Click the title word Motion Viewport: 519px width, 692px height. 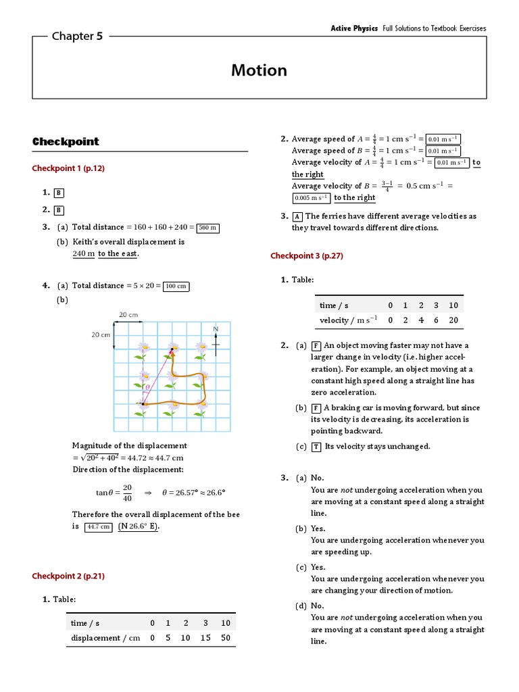(x=259, y=70)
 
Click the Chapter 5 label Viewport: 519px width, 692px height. (x=77, y=36)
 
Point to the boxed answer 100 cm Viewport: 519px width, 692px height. (x=176, y=286)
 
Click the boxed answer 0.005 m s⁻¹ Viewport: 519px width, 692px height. (x=312, y=198)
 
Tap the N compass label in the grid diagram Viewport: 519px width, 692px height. (x=216, y=329)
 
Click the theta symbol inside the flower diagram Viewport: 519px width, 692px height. (x=148, y=388)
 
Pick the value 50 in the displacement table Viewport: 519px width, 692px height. (x=226, y=637)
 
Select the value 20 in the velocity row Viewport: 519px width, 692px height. (x=453, y=320)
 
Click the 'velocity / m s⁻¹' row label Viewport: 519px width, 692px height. (x=349, y=320)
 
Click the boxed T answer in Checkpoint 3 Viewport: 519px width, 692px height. (x=317, y=446)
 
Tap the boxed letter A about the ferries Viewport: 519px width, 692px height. (x=297, y=216)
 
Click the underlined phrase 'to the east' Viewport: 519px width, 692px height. (x=118, y=253)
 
